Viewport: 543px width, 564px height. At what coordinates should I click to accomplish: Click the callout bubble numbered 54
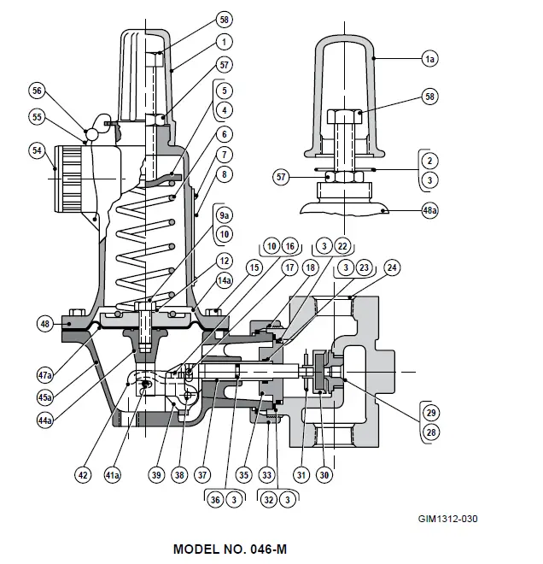point(36,150)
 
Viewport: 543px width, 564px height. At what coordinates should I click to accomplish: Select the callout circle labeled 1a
point(429,59)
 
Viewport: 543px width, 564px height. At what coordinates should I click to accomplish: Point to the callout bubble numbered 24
point(392,267)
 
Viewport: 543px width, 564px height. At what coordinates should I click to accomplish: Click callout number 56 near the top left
point(37,90)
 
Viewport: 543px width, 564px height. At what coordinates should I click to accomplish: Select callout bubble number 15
point(253,267)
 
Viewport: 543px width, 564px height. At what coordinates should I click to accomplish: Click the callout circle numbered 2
point(430,160)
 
